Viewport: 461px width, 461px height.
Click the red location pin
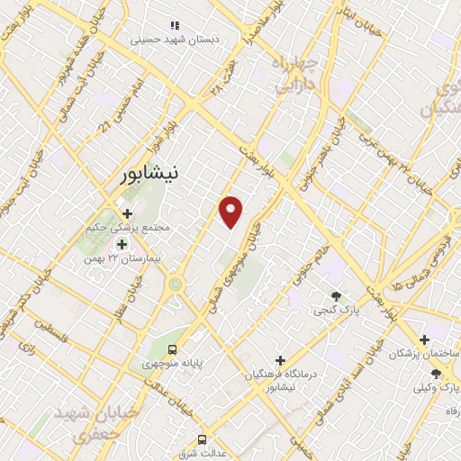[x=232, y=212]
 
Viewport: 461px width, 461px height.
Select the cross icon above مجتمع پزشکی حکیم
[x=127, y=213]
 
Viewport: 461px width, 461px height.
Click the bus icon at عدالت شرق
[x=202, y=439]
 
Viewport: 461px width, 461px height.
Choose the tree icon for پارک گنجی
[x=336, y=295]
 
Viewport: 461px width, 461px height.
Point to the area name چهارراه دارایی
[x=294, y=74]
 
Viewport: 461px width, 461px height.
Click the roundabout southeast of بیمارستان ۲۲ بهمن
[x=175, y=284]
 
